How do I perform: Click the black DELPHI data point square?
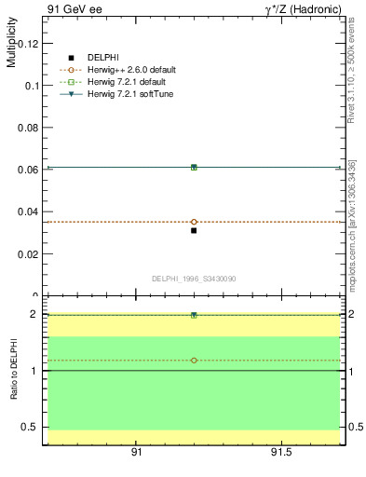(x=194, y=230)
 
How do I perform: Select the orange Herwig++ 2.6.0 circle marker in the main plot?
(x=194, y=222)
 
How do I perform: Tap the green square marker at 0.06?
(x=194, y=167)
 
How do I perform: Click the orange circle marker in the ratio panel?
(x=194, y=360)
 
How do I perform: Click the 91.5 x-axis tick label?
(x=280, y=452)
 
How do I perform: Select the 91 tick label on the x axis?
(x=136, y=452)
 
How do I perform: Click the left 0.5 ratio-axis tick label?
(x=31, y=427)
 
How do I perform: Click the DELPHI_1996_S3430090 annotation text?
(x=192, y=279)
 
